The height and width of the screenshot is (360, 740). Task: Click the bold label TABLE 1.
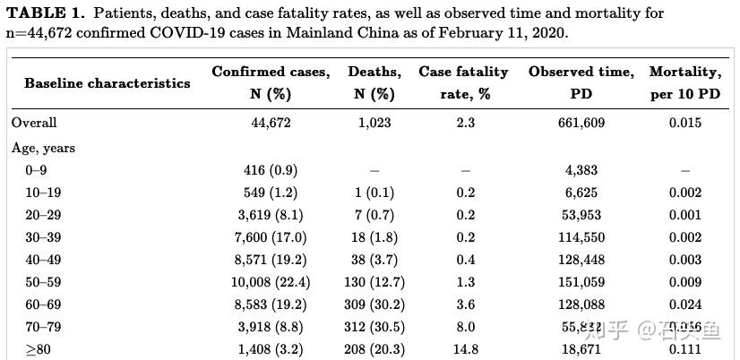coord(45,13)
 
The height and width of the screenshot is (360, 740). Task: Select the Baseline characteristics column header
coord(108,82)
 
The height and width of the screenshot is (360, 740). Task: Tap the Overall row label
coord(34,124)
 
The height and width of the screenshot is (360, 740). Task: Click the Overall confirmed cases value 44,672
coord(271,124)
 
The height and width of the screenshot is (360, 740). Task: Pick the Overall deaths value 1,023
coord(374,124)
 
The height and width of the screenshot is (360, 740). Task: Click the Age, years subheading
coord(43,148)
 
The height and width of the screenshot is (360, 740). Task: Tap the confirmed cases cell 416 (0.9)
coord(271,170)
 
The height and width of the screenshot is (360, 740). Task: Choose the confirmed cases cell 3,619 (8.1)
coord(271,215)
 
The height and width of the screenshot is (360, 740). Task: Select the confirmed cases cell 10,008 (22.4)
coord(271,282)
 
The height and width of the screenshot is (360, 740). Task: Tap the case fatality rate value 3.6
coord(465,304)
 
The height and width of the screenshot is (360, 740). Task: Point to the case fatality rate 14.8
coord(465,349)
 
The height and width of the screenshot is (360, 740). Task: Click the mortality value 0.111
coord(684,349)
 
